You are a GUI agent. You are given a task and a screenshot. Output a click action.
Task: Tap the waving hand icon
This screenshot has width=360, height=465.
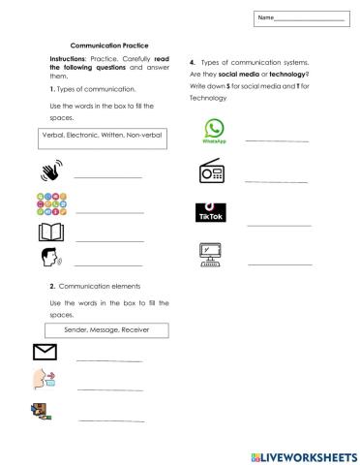pos(49,171)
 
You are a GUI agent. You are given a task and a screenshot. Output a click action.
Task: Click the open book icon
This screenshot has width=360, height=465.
pos(49,232)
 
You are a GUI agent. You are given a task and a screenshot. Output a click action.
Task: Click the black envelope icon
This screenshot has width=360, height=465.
pos(45,352)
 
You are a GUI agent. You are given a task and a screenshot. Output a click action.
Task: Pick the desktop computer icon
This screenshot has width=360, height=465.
pos(212,254)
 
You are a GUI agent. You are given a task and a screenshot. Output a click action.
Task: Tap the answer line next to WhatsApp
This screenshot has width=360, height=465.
pos(279,141)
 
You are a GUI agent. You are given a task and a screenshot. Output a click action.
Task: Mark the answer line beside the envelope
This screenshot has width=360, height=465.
pos(109,360)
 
